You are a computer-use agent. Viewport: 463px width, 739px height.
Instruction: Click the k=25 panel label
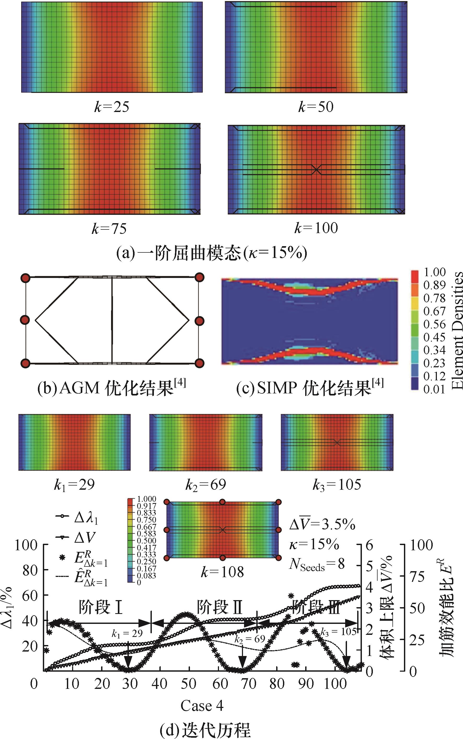[112, 107]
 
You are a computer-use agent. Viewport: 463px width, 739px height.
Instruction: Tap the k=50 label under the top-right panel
[316, 107]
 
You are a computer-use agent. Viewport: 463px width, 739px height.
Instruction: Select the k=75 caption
[109, 228]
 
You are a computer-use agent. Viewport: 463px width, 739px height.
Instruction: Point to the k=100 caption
[316, 228]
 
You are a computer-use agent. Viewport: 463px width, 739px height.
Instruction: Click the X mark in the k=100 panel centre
[316, 169]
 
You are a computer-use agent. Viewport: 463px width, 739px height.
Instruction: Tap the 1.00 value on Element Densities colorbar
[434, 272]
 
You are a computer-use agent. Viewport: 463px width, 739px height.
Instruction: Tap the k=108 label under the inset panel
[222, 572]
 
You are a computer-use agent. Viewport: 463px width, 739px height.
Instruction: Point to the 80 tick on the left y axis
[30, 570]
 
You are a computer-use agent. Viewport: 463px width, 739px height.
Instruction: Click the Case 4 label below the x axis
[202, 706]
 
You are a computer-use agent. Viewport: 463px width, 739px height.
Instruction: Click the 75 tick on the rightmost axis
[417, 577]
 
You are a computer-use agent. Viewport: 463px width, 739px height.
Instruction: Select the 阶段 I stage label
[101, 607]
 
